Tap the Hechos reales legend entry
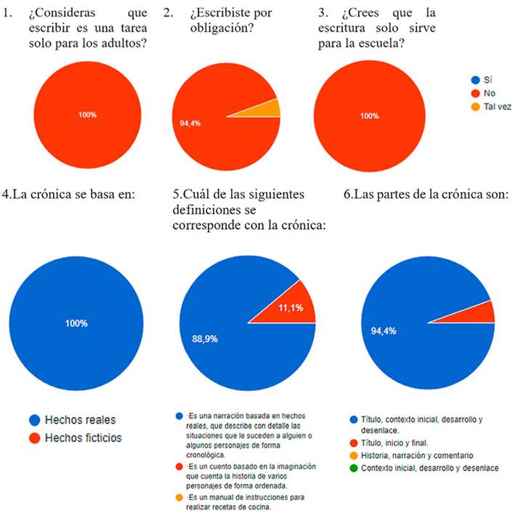(81, 420)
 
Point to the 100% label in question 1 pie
(87, 116)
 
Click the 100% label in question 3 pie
(369, 116)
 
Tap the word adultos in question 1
(126, 43)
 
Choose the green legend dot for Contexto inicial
(353, 468)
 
